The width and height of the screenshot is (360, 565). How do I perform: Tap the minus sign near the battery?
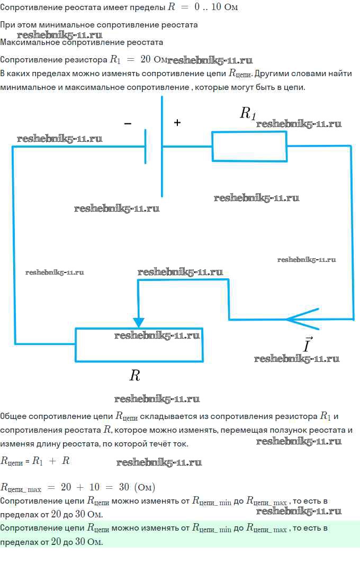[128, 124]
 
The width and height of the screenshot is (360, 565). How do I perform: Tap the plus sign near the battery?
[177, 123]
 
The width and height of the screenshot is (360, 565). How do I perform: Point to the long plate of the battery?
[162, 147]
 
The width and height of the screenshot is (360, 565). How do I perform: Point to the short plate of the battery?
[146, 147]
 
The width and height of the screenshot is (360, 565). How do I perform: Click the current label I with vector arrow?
[308, 344]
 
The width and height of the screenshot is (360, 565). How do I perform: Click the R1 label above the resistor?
[248, 113]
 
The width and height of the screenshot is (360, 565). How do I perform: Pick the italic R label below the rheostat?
[134, 376]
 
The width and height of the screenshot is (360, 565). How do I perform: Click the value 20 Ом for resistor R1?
[154, 59]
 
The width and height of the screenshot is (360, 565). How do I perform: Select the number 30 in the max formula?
[124, 487]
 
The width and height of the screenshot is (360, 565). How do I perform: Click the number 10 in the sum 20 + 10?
[95, 487]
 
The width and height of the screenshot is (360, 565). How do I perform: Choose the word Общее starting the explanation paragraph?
[13, 416]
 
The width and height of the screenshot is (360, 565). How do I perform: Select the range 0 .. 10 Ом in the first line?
[216, 7]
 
